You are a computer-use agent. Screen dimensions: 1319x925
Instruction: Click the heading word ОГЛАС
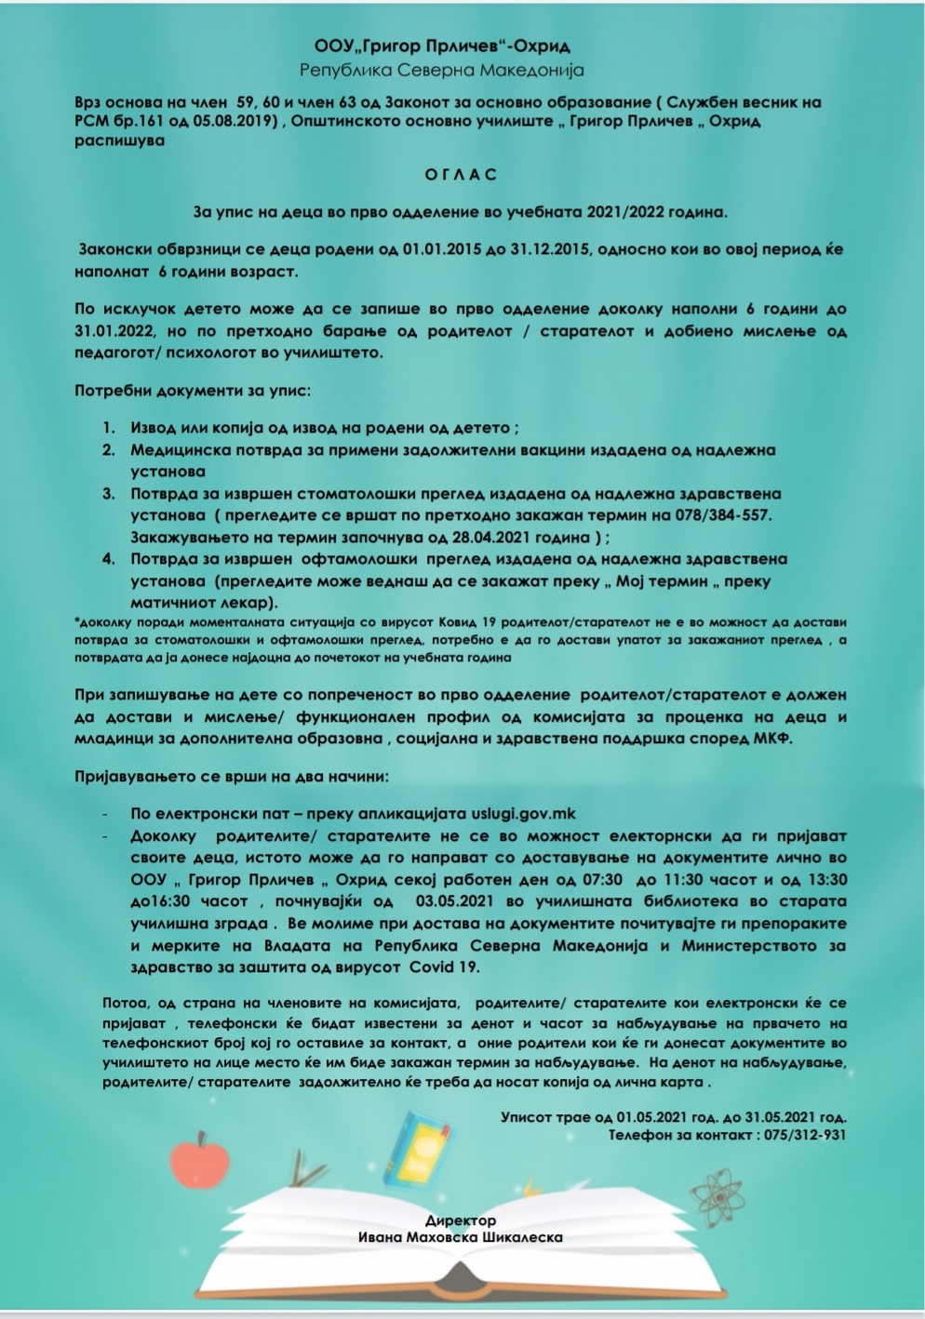coord(461,175)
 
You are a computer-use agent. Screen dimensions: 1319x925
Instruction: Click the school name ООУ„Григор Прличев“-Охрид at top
coord(442,47)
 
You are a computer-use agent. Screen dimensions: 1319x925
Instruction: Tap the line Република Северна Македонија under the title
coord(442,70)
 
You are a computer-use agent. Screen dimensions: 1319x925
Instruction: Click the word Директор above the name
coord(461,1220)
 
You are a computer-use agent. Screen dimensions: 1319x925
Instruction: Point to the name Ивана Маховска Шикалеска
coord(461,1237)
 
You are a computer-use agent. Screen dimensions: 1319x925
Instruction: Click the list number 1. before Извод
coord(109,428)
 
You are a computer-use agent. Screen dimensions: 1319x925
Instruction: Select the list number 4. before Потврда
coord(109,559)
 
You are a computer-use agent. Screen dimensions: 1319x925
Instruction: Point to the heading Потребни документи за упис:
coord(194,391)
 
